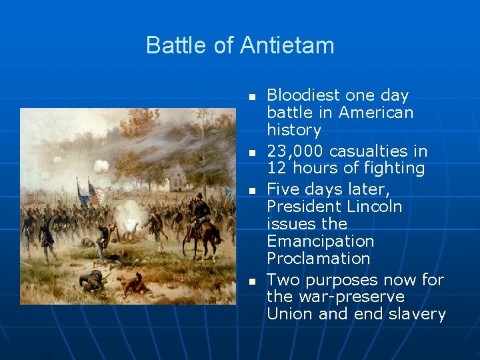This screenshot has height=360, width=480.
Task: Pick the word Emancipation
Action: (x=320, y=241)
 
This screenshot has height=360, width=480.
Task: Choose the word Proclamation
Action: (x=318, y=258)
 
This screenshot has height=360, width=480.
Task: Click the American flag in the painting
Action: (x=97, y=193)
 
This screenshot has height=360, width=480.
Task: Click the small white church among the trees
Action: (x=177, y=177)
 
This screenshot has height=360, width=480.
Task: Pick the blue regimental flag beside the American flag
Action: (x=83, y=193)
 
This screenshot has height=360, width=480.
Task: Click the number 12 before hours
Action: (x=276, y=169)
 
